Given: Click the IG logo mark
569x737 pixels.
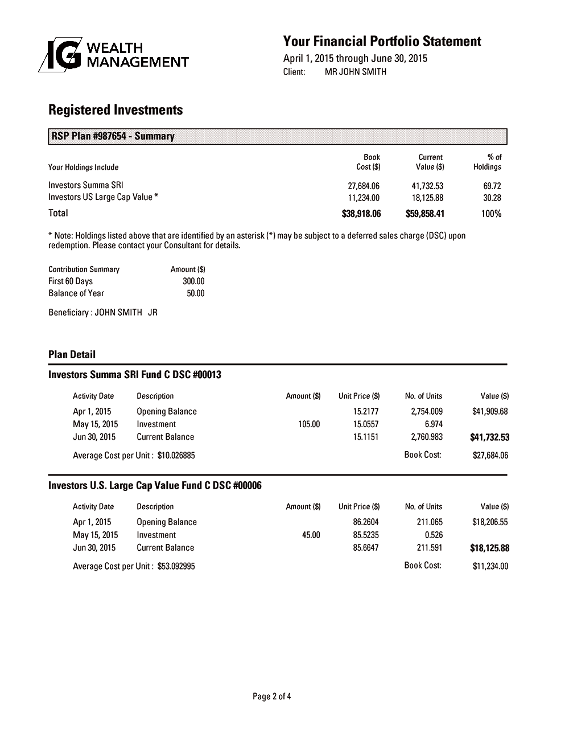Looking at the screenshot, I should (60, 55).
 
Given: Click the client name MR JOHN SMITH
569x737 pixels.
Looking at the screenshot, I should (355, 72).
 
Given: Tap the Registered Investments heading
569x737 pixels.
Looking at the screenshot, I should (116, 110).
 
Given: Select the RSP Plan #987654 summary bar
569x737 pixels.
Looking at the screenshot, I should (278, 137).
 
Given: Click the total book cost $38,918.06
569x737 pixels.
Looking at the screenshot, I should (361, 214).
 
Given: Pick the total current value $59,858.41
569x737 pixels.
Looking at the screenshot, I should (425, 214).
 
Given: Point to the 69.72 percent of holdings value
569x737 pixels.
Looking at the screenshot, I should (492, 186).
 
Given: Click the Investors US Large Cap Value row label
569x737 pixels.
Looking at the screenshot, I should (103, 197).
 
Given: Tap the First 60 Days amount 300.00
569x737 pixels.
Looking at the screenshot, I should (193, 281).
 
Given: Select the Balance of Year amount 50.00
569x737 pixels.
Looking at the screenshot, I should (196, 293).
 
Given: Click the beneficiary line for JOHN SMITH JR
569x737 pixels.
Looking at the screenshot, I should (103, 313).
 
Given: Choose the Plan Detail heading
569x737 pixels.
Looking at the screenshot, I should (72, 354).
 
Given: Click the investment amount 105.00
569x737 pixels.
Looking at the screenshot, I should (309, 424).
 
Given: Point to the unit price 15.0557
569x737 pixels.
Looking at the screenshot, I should (366, 424).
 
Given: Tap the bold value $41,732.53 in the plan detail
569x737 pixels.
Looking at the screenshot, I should (489, 437).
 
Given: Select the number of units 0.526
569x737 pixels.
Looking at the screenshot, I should (434, 535).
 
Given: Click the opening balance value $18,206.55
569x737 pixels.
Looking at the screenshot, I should (490, 522).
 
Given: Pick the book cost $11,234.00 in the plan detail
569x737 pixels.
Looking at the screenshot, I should (490, 566).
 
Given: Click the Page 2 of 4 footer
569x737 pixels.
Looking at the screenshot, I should (272, 696).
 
